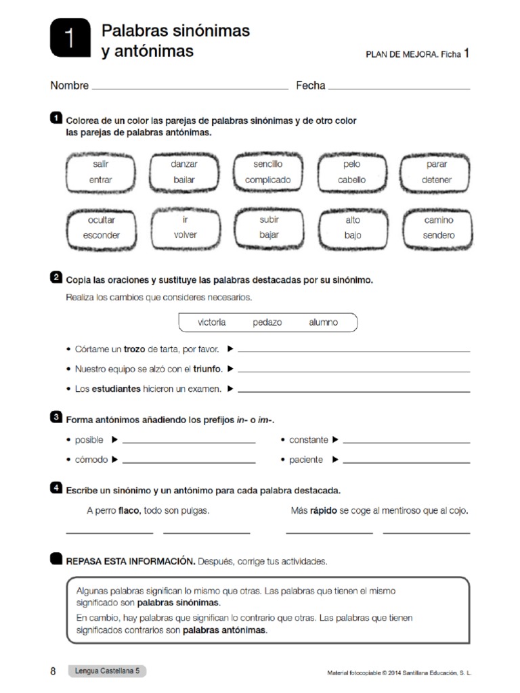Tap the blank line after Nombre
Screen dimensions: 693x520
[190, 87]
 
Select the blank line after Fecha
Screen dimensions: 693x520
[399, 87]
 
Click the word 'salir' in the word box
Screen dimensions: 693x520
[101, 164]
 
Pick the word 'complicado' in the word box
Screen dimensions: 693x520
[267, 180]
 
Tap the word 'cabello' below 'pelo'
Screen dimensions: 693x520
[351, 180]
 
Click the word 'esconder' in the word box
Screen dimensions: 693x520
[101, 236]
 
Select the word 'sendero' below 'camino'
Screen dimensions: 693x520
[439, 236]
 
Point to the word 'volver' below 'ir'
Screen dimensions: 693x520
[184, 236]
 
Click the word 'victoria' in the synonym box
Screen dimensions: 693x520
[212, 322]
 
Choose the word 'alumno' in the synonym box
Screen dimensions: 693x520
[323, 322]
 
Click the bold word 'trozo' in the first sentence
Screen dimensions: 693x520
[135, 349]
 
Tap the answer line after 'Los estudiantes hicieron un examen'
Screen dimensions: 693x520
[354, 390]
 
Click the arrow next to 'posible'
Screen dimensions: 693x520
[114, 440]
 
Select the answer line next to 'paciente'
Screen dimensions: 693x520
[406, 462]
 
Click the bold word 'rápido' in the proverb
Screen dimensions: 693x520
[323, 511]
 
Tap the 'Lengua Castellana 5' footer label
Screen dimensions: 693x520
[106, 671]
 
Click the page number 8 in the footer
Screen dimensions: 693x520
[53, 671]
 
